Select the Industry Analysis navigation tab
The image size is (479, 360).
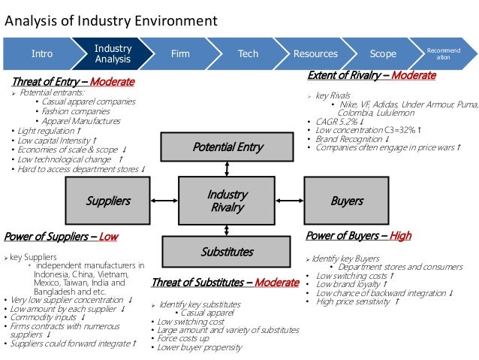(113, 53)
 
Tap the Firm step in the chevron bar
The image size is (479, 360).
(180, 53)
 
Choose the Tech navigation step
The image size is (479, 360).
(248, 53)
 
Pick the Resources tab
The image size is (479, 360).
(315, 53)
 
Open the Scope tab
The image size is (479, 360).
(383, 53)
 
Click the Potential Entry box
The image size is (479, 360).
(227, 147)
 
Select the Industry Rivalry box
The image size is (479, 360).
(227, 201)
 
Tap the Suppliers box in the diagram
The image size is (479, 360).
(108, 201)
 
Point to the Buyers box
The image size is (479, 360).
(347, 201)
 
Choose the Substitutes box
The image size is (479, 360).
(227, 252)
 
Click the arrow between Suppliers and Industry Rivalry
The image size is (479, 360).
(164, 201)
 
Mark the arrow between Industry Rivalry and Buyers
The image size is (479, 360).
(291, 201)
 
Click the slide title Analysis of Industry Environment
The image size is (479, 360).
(111, 20)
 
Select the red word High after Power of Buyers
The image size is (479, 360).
(400, 235)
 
